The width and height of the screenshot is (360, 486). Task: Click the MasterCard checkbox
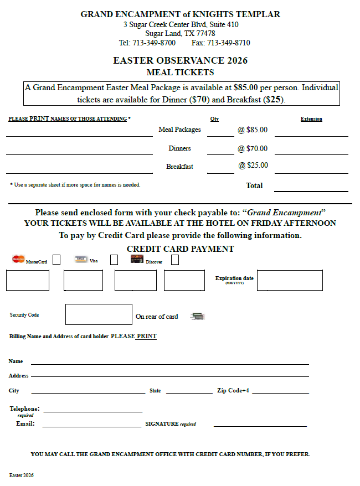coord(56,260)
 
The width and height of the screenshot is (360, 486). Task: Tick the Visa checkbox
coord(114,260)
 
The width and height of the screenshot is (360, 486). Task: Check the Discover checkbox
coord(175,260)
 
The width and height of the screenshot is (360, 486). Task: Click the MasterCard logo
coord(18,259)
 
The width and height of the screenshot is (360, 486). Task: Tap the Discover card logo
coord(137,259)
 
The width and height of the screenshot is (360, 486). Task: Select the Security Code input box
coord(99,314)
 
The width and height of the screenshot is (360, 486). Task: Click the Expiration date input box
coord(290,280)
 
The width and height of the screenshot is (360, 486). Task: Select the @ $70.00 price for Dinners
coord(253,148)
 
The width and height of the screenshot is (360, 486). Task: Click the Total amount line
coord(311,187)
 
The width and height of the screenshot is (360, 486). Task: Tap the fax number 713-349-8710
coord(228,43)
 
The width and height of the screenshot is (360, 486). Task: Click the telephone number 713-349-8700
coord(154,43)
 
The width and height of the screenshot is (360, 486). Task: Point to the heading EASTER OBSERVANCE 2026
coord(180,60)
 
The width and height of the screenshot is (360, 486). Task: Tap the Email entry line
coord(91,424)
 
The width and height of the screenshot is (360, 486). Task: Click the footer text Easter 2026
coord(21,475)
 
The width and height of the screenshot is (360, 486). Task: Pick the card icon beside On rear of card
coord(198,316)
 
